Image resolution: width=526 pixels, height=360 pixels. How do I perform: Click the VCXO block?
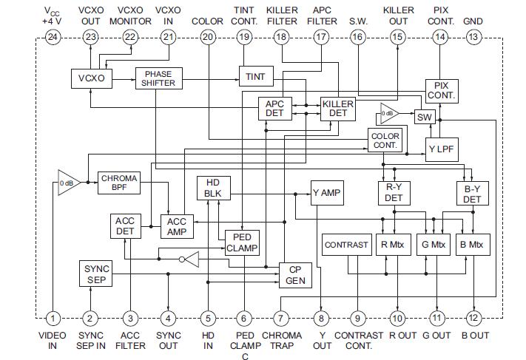90,78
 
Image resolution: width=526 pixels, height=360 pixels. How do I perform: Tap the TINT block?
256,77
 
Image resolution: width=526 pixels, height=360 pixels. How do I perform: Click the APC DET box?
274,109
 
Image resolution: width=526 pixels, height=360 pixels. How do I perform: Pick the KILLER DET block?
337,109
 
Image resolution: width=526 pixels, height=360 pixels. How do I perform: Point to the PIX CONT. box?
442,91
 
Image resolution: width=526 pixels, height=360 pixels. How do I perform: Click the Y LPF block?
442,149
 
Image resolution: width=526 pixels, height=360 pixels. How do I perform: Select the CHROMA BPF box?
118,183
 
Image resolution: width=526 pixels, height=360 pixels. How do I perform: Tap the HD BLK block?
214,189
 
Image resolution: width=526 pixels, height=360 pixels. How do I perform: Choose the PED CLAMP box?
242,242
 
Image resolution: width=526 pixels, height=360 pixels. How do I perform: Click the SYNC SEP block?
94,274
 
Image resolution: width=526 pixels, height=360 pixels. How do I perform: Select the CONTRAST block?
345,245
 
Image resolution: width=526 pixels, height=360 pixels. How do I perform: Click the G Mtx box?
434,245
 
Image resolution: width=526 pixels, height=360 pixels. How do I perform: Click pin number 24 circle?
52,37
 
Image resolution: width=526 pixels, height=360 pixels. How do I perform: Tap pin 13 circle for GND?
473,37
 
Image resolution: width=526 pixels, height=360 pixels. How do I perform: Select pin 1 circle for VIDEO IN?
53,319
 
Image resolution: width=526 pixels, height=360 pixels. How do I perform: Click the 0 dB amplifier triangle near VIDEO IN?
68,183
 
